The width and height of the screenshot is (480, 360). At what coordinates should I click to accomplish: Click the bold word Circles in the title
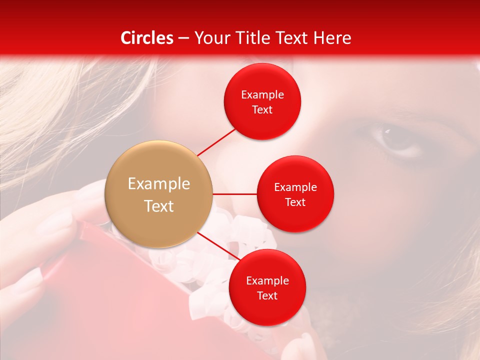(x=147, y=38)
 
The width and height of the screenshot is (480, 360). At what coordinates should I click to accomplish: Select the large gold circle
(x=159, y=194)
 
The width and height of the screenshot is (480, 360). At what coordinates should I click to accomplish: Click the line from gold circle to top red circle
(x=216, y=141)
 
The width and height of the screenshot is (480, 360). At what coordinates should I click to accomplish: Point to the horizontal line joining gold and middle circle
(x=234, y=194)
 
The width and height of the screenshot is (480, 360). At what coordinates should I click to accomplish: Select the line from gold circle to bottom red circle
(x=218, y=246)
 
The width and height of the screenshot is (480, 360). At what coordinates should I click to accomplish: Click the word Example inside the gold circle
(x=159, y=184)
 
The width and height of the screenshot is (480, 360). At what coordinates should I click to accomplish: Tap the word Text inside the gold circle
(x=159, y=206)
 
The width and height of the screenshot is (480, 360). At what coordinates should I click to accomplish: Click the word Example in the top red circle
(x=262, y=95)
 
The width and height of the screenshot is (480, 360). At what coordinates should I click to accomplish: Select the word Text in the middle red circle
(x=295, y=202)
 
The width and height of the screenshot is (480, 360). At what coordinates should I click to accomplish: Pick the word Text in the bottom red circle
(x=267, y=296)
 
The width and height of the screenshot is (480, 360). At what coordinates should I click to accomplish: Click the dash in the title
(x=183, y=38)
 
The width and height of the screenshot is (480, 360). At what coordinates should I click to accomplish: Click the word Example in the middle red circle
(x=295, y=187)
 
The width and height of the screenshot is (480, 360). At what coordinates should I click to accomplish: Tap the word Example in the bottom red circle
(x=267, y=281)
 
